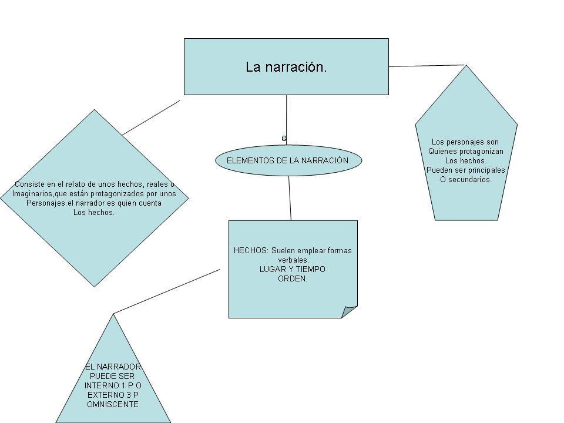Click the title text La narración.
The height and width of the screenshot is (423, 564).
pos(286,67)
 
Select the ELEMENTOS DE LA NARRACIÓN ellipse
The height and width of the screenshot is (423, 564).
pos(288,160)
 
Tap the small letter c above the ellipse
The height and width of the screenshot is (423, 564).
pos(284,138)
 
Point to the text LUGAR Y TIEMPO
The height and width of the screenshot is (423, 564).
pos(292,269)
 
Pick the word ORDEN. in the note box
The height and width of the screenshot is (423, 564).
pos(292,278)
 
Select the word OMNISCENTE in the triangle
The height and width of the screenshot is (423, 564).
pos(113,404)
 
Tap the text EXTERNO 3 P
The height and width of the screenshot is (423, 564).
pos(113,395)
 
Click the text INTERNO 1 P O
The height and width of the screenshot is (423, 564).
pos(113,385)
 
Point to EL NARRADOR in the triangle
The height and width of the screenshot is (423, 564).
pos(113,367)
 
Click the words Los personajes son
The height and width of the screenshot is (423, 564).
pos(465,142)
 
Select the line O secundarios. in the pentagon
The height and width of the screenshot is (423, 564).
pos(465,180)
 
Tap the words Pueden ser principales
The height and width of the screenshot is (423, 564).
pos(465,170)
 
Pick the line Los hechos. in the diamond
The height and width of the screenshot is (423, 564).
pos(94,213)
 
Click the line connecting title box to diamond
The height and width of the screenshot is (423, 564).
pos(151,117)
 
